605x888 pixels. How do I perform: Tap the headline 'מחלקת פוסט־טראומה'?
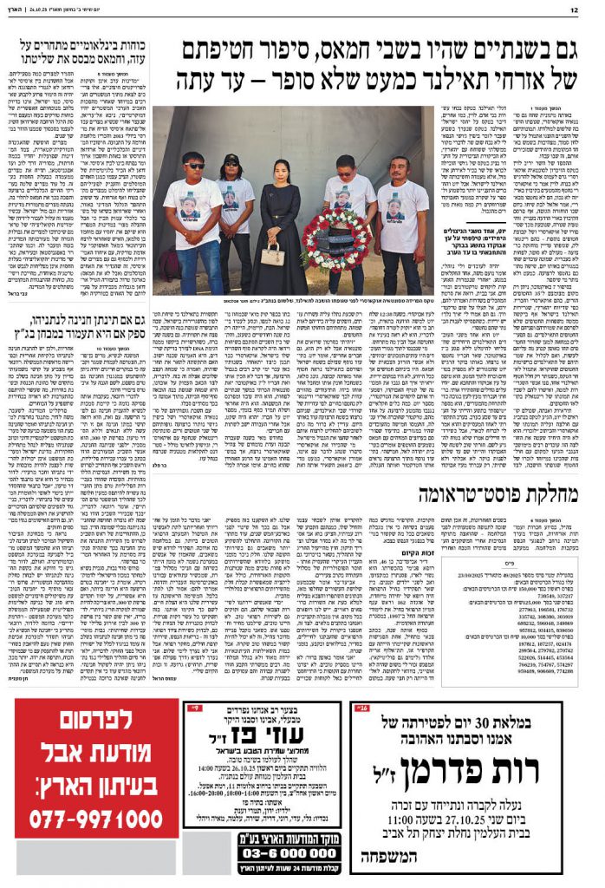click(x=495, y=494)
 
